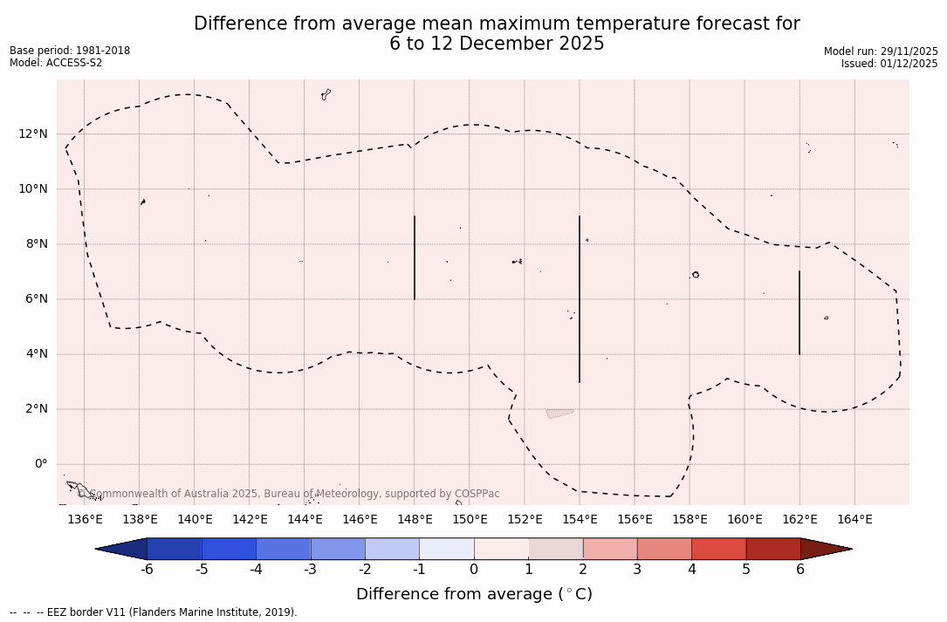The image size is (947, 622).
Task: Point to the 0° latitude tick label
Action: (x=41, y=464)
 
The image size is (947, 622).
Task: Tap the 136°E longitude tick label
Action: (x=85, y=520)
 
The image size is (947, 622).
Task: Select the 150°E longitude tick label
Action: (x=470, y=520)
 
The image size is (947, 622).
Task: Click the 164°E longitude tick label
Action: (x=854, y=520)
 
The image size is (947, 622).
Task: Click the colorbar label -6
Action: (x=148, y=570)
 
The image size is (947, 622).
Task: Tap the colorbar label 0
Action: (x=474, y=570)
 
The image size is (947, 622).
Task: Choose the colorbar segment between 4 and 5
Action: (x=718, y=549)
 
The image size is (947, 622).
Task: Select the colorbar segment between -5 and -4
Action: (x=230, y=549)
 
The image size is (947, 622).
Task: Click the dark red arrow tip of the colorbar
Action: (x=825, y=549)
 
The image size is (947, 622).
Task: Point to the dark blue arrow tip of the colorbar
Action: (x=122, y=549)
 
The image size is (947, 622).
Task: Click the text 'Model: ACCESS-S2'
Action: (x=56, y=63)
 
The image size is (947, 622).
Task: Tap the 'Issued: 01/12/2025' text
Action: (x=889, y=64)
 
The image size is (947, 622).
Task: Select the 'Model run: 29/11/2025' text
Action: (x=881, y=51)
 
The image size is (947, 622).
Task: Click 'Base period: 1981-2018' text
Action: (x=70, y=51)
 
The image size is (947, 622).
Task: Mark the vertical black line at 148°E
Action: (x=415, y=257)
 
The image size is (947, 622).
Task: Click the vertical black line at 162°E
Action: (x=799, y=312)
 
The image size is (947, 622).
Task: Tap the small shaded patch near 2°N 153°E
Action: (x=559, y=414)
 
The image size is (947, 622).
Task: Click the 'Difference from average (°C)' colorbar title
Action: (x=474, y=594)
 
